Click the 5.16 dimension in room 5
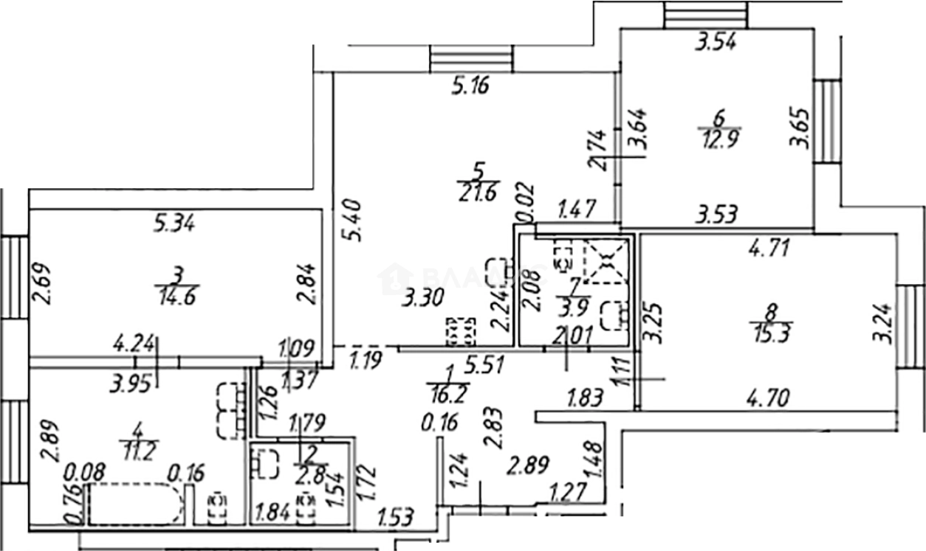(x=470, y=87)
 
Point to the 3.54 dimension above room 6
(x=717, y=43)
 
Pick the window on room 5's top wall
(x=471, y=58)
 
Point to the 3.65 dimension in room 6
(x=801, y=128)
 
